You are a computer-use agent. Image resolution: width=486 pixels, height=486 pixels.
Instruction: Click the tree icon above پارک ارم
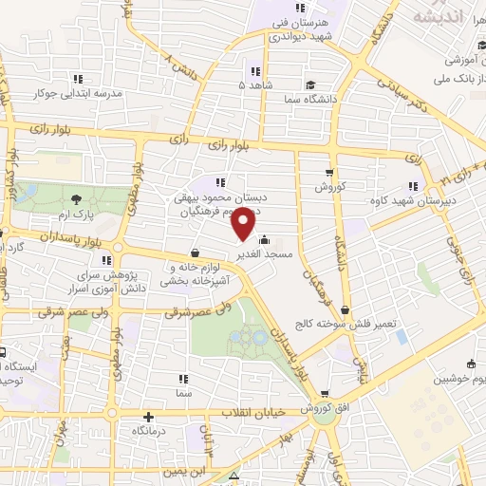tap(76, 198)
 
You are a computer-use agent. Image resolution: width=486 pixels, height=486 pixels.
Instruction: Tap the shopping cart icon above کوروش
tap(329, 173)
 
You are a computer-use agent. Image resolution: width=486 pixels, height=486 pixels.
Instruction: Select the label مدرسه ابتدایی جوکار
tap(80, 94)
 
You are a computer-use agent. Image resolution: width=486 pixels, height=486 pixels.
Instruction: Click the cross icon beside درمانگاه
tap(148, 417)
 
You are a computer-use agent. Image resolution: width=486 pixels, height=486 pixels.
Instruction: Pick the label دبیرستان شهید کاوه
tap(412, 202)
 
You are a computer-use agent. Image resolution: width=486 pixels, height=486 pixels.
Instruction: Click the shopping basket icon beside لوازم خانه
tap(195, 253)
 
